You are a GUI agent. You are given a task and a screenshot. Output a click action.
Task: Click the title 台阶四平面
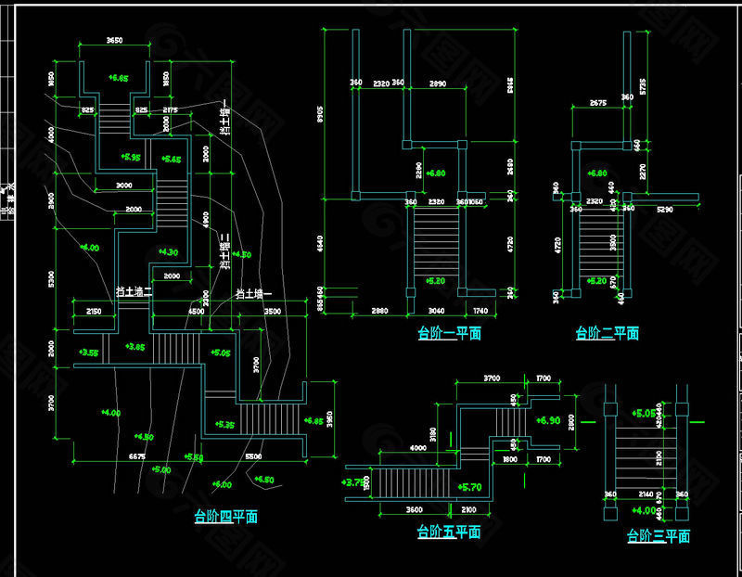225,517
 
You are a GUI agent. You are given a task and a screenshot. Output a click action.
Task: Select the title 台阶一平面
449,332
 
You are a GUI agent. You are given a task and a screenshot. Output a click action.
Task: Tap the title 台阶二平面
607,333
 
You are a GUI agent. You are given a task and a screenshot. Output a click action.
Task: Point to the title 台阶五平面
448,532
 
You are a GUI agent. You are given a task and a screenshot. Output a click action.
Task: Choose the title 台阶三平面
659,535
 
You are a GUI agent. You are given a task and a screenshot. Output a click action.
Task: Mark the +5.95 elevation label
131,158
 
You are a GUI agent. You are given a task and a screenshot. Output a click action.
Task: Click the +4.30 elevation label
168,251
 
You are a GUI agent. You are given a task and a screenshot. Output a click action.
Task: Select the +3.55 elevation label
89,352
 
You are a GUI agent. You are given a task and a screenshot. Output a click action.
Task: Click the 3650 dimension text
115,41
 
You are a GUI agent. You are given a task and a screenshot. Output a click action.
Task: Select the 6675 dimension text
135,456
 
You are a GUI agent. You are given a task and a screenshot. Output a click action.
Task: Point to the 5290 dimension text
665,211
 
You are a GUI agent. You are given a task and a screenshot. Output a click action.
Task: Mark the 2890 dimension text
435,84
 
